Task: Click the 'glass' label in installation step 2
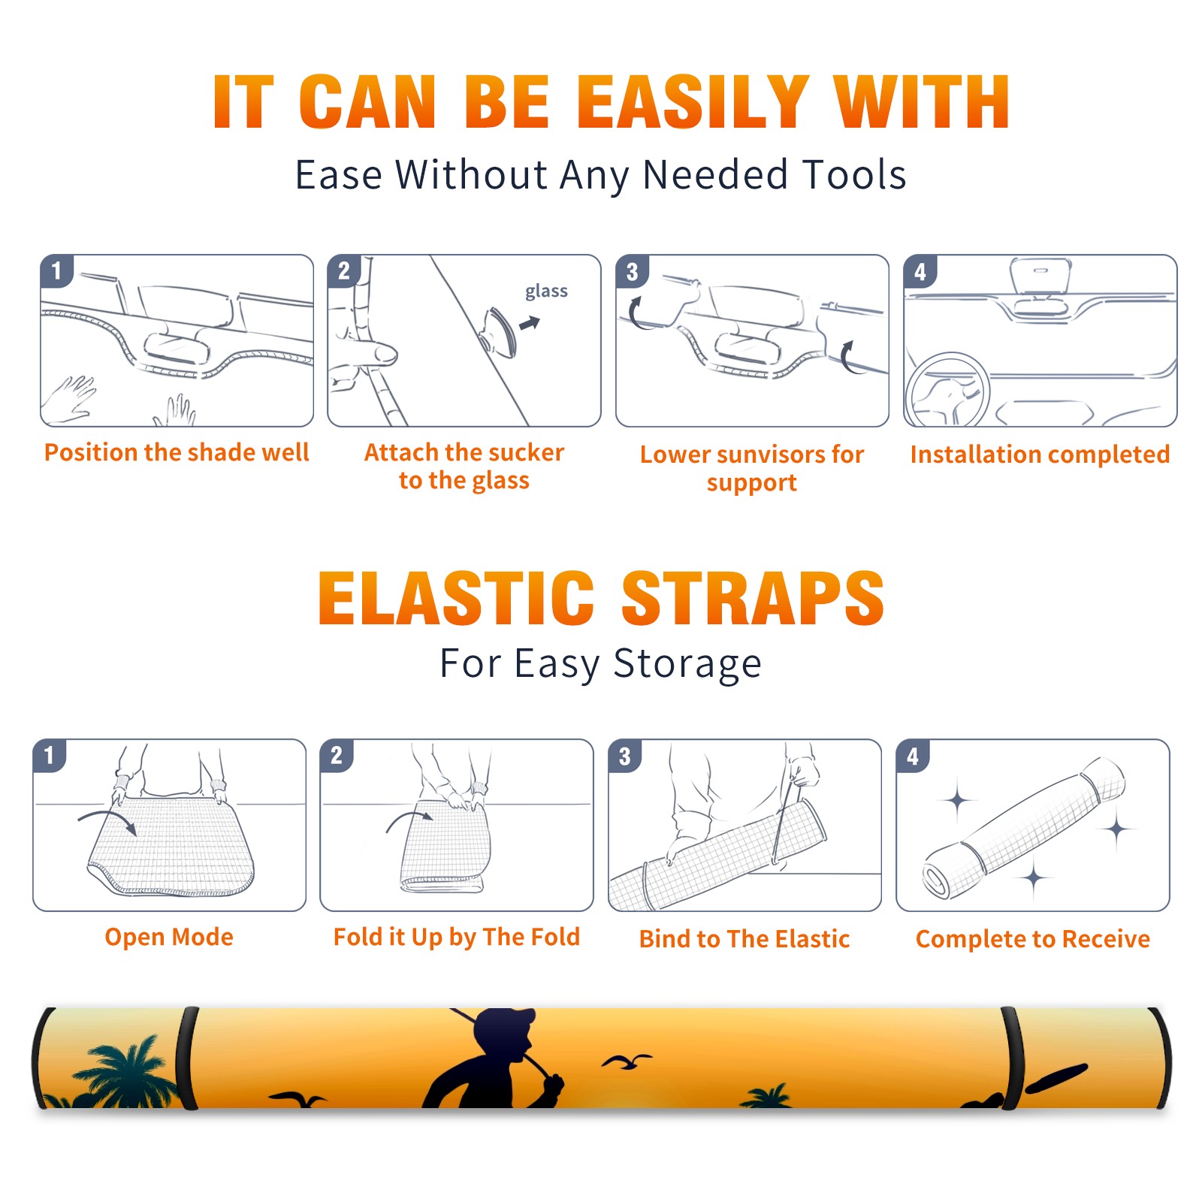click(546, 291)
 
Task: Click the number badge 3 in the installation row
click(632, 271)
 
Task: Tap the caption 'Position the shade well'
click(177, 452)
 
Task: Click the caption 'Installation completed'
click(1040, 454)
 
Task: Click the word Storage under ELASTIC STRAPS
click(687, 664)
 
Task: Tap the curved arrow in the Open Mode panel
click(107, 820)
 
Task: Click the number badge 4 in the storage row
click(913, 756)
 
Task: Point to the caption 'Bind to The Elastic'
click(744, 938)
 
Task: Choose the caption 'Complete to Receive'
click(1033, 939)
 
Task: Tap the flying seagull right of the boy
click(626, 1062)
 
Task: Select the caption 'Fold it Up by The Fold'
click(457, 937)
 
